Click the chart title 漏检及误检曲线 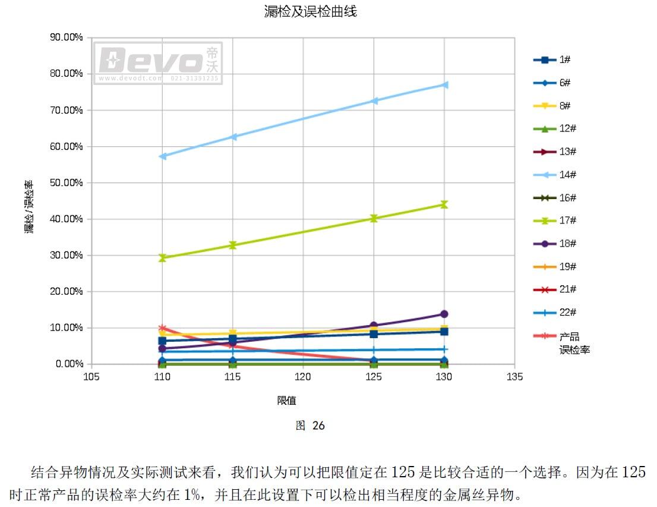(x=310, y=11)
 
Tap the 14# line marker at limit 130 (x=444, y=85)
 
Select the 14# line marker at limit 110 (x=163, y=156)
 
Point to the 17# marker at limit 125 (x=374, y=218)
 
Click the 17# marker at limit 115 (x=233, y=245)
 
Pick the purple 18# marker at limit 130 (x=444, y=314)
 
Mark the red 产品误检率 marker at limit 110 (x=163, y=328)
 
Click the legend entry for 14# (x=555, y=175)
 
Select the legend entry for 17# (x=555, y=221)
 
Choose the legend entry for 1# (x=552, y=60)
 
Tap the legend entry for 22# (x=555, y=313)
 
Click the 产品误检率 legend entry (x=561, y=343)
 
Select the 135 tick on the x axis (x=514, y=377)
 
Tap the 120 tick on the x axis (x=303, y=377)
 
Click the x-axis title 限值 (x=286, y=401)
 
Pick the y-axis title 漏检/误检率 (x=29, y=207)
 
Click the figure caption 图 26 (x=310, y=426)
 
